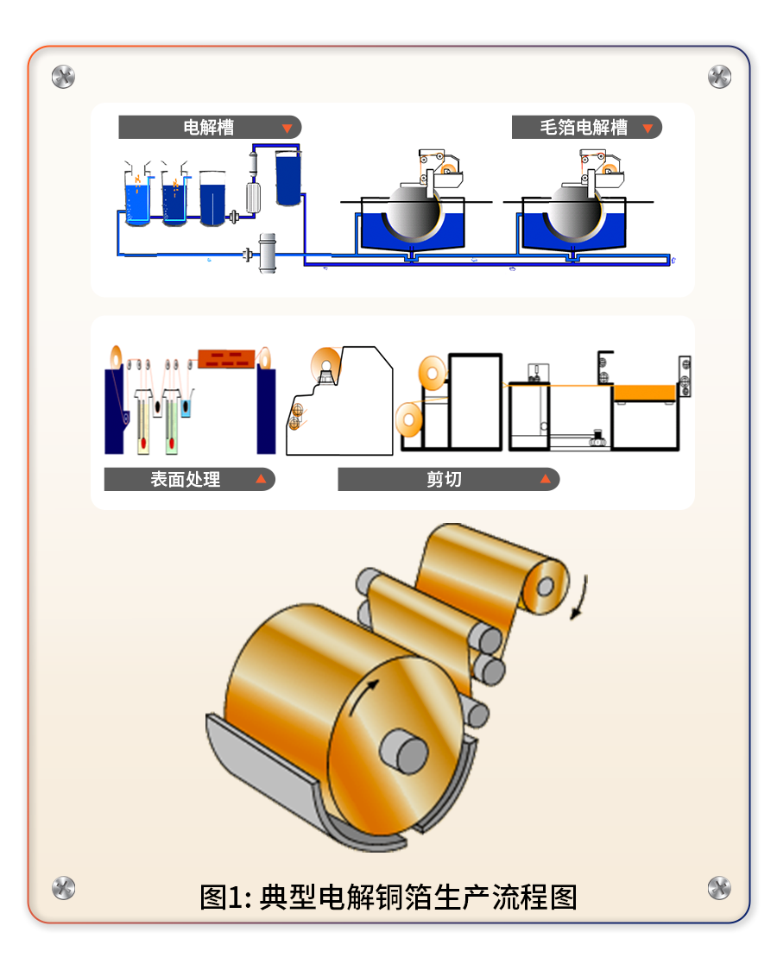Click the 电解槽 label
[x=208, y=128]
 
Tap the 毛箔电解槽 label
[x=584, y=128]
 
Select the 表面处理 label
[x=185, y=480]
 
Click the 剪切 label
[x=444, y=480]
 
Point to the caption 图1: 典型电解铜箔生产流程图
[x=388, y=898]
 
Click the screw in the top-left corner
[x=63, y=77]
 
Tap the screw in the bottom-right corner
[x=719, y=888]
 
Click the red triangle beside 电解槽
[x=287, y=128]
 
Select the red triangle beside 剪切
[x=545, y=479]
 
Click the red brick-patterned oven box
[x=226, y=359]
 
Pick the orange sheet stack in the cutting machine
[x=644, y=393]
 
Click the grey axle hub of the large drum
[x=405, y=751]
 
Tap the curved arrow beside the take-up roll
[x=579, y=598]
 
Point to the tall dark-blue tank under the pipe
[x=288, y=178]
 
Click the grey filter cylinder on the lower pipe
[x=268, y=253]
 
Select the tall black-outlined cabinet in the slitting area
[x=475, y=401]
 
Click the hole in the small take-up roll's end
[x=545, y=586]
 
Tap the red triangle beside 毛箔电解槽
[x=647, y=128]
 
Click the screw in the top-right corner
[x=719, y=77]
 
